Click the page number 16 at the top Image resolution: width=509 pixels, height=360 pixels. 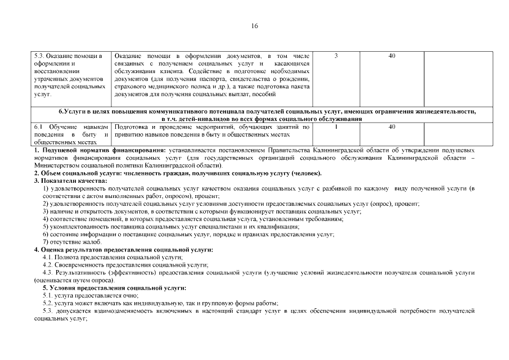point(254,26)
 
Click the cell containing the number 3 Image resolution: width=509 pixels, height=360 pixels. point(336,56)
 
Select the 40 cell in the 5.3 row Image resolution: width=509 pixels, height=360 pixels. point(391,56)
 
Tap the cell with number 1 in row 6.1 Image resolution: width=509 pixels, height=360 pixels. point(336,127)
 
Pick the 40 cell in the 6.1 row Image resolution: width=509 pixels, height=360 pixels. point(391,127)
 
